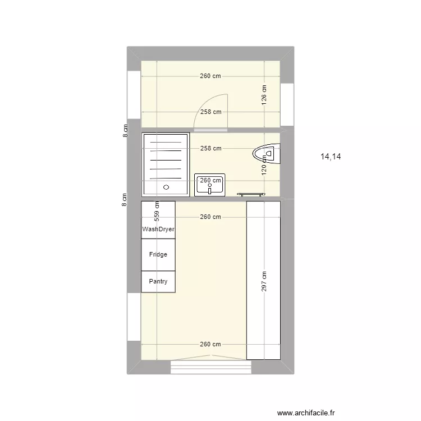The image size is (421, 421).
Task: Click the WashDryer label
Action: [x=158, y=229]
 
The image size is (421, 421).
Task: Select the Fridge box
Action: [x=158, y=255]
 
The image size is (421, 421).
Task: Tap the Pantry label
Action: [x=158, y=282]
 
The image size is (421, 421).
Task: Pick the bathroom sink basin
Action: [x=210, y=185]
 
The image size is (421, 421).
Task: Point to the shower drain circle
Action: [x=166, y=187]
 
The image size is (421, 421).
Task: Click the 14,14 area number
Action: [x=331, y=157]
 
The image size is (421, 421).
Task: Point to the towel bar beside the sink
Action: [x=251, y=194]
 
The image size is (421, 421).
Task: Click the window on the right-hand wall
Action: [x=287, y=104]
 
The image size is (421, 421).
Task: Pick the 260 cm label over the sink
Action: [x=210, y=180]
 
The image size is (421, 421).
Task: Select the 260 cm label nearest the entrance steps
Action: [x=210, y=345]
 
